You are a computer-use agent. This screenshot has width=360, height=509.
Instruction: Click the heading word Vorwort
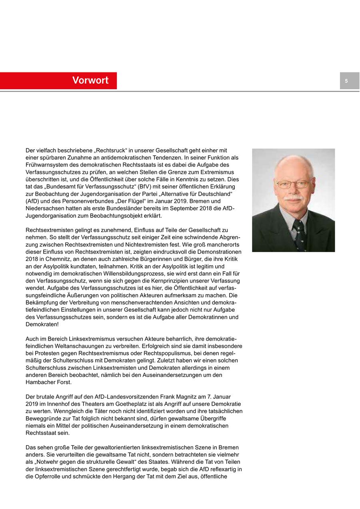pyautogui.click(x=90, y=80)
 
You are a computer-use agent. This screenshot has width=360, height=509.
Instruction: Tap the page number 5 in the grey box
pyautogui.click(x=346, y=81)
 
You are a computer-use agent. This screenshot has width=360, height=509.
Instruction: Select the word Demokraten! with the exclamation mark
pyautogui.click(x=42, y=324)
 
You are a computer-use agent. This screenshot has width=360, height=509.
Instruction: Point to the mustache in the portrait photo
pyautogui.click(x=294, y=198)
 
